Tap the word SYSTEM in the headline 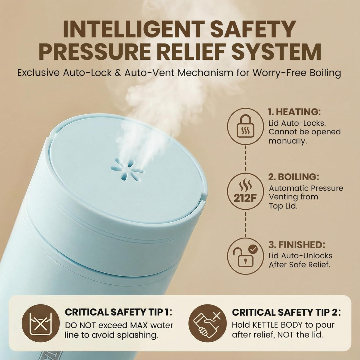tap(276, 51)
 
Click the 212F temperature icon tap(245, 192)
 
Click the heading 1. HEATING tap(295, 112)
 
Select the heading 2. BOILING tap(293, 177)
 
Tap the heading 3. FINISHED tap(297, 245)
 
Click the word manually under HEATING tap(288, 141)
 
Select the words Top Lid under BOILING tap(283, 206)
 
